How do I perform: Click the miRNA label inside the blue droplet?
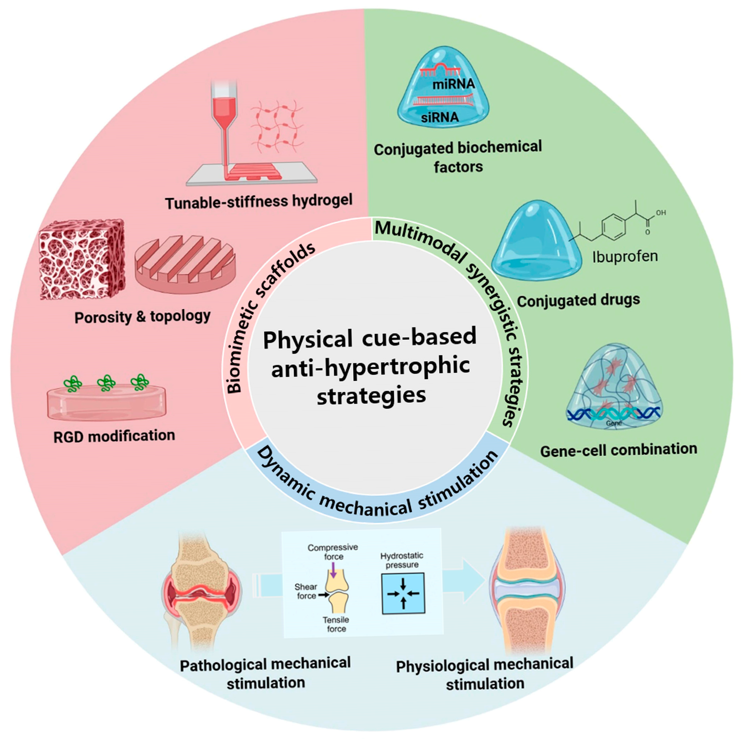pyautogui.click(x=453, y=84)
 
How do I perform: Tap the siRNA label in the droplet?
pyautogui.click(x=440, y=117)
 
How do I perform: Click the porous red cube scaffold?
pyautogui.click(x=82, y=259)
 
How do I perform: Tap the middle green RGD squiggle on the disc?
pyautogui.click(x=106, y=383)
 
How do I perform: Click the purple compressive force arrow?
pyautogui.click(x=333, y=571)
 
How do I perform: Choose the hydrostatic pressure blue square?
pyautogui.click(x=403, y=593)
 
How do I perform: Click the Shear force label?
pyautogui.click(x=306, y=591)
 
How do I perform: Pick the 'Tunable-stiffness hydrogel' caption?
pyautogui.click(x=258, y=201)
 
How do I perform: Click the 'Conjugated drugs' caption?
pyautogui.click(x=578, y=300)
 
